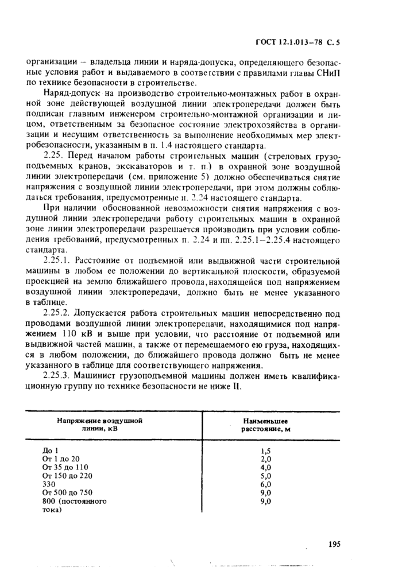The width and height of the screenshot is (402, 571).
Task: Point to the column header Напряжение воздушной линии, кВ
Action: click(x=99, y=425)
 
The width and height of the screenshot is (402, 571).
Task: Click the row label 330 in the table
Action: click(x=50, y=484)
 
